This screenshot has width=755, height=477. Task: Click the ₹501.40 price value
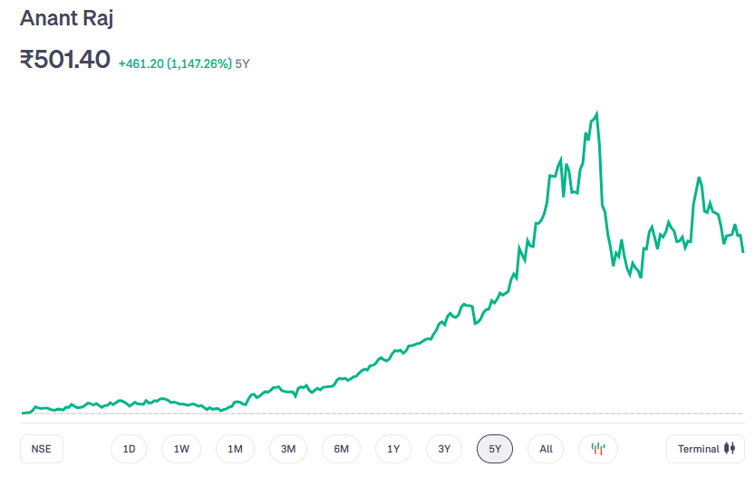(x=65, y=60)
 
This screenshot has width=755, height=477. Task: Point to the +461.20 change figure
(x=140, y=64)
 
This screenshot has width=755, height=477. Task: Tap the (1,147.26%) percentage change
(x=199, y=64)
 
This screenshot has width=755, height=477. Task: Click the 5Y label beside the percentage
(x=243, y=64)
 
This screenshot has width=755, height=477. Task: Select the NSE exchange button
(x=42, y=449)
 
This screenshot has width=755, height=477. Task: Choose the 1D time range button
(x=130, y=449)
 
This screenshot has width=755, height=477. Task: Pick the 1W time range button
(x=181, y=449)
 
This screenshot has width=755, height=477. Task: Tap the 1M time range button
(x=235, y=449)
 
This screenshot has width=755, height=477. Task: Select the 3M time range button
(x=288, y=449)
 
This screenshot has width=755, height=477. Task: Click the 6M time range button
(x=341, y=449)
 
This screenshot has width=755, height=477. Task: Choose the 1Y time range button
(x=393, y=449)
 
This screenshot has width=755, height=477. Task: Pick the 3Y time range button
(x=444, y=449)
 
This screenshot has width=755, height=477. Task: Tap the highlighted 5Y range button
(x=495, y=449)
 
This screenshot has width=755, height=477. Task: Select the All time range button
(x=546, y=449)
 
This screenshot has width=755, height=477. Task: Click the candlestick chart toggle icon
(x=597, y=449)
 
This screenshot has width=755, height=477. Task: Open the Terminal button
(x=705, y=449)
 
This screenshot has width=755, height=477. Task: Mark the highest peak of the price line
(x=596, y=113)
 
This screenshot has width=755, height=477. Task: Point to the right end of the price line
(x=743, y=251)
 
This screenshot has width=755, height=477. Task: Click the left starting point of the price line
(x=22, y=413)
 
